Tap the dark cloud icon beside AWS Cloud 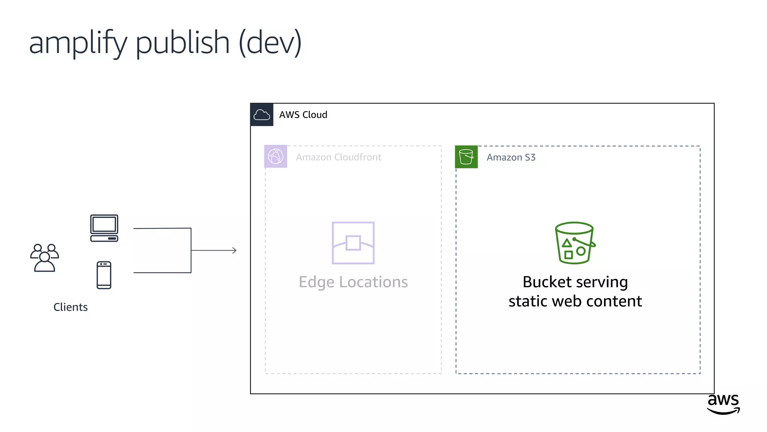point(262,115)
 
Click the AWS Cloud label point(303,115)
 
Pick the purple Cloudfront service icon point(276,156)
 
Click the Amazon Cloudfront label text point(338,157)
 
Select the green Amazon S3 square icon point(466,157)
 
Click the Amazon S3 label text point(511,157)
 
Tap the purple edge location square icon point(353,243)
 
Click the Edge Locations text point(353,282)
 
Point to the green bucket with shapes point(575,243)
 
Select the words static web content point(575,301)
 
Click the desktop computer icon point(104,228)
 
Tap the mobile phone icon point(104,275)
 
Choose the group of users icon point(45,258)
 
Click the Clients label point(70,307)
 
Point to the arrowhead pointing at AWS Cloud point(234,250)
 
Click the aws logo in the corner point(723,403)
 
